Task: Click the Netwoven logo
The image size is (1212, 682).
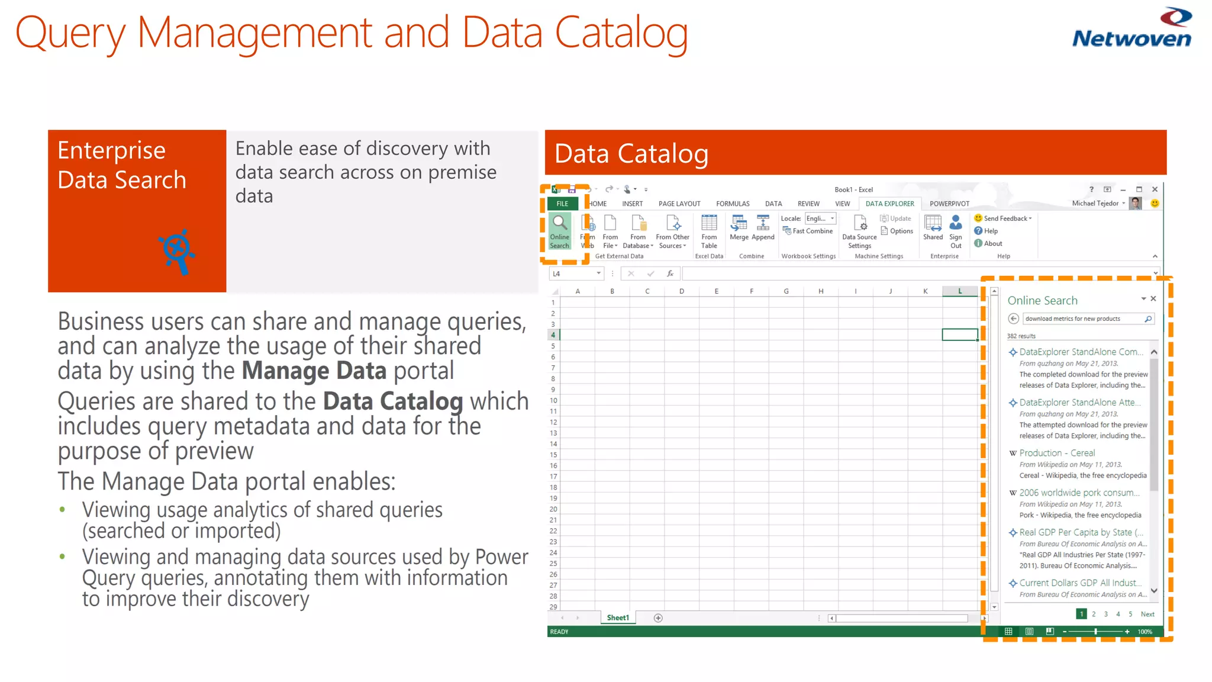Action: coord(1132,28)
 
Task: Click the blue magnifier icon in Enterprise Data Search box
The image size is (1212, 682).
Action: coord(177,251)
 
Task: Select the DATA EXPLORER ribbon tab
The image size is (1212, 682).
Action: coord(889,204)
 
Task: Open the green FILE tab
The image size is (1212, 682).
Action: coord(562,204)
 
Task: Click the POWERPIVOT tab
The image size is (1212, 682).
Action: coord(949,204)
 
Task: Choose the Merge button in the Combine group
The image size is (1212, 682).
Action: coord(739,228)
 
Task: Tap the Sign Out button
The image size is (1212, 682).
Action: coord(956,231)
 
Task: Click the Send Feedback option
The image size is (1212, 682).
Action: coord(1004,218)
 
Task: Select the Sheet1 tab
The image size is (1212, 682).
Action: coord(618,617)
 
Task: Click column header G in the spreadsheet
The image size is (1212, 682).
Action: coord(786,291)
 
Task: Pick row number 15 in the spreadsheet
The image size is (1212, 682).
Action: coord(553,455)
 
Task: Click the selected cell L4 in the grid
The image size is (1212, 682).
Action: coord(959,334)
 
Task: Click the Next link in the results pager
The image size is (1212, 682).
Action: coord(1147,614)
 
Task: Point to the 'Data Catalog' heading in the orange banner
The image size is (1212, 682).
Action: coord(631,153)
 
